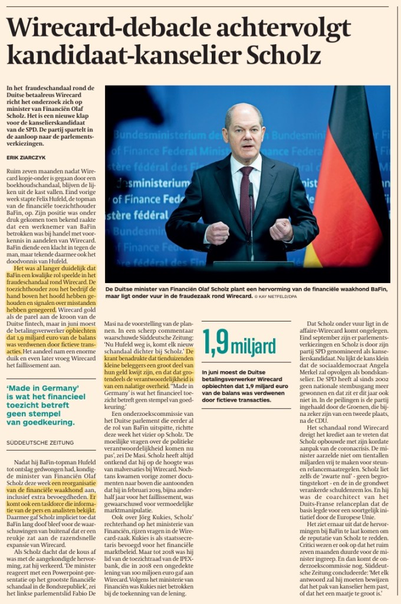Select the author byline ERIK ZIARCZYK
(26, 158)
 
